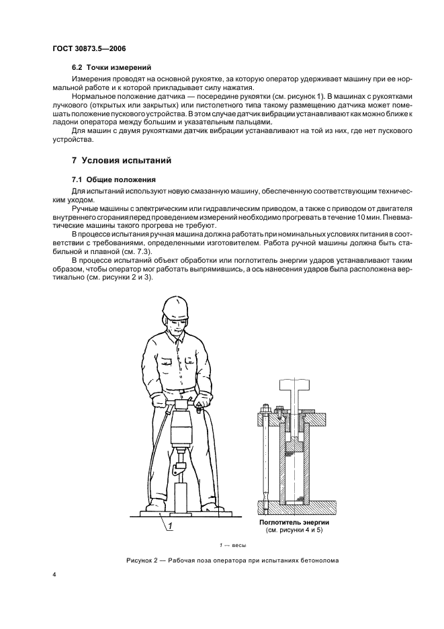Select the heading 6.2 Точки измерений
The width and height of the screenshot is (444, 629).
[x=111, y=67]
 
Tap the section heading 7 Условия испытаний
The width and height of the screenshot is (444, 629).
[x=122, y=161]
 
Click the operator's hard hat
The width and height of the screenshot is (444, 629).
[x=176, y=308]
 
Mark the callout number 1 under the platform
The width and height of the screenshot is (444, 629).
[x=171, y=527]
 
